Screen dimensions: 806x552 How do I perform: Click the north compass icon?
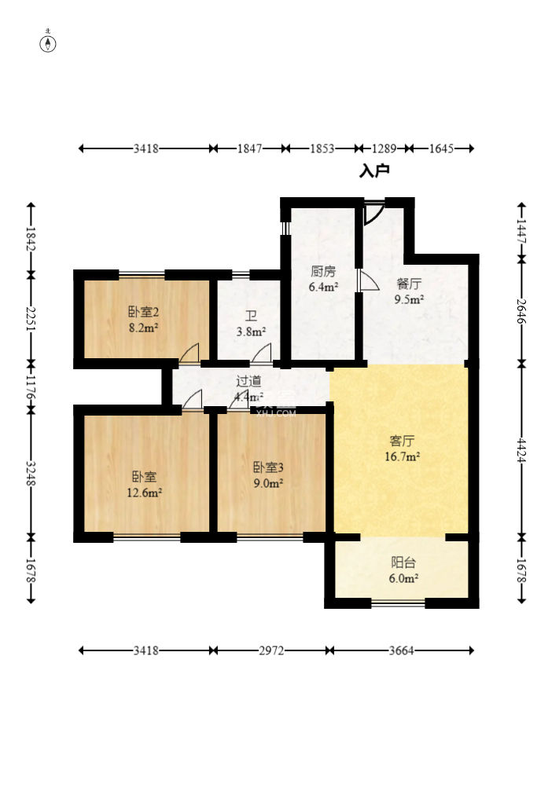point(49,42)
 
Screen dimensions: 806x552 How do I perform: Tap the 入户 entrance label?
point(374,170)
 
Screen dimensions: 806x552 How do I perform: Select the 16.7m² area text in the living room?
point(401,455)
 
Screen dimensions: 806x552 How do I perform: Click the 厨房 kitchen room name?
point(322,272)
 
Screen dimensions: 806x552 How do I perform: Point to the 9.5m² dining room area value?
point(409,299)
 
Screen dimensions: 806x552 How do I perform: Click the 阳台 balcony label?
point(403,562)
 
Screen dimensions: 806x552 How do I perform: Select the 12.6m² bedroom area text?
point(145,493)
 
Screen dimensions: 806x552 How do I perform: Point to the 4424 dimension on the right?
point(522,449)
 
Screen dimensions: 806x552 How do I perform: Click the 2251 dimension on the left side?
point(31,319)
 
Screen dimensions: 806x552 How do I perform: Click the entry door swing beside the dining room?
point(374,212)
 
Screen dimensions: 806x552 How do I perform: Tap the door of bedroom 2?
point(189,354)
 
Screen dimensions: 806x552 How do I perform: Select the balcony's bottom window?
point(398,603)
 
